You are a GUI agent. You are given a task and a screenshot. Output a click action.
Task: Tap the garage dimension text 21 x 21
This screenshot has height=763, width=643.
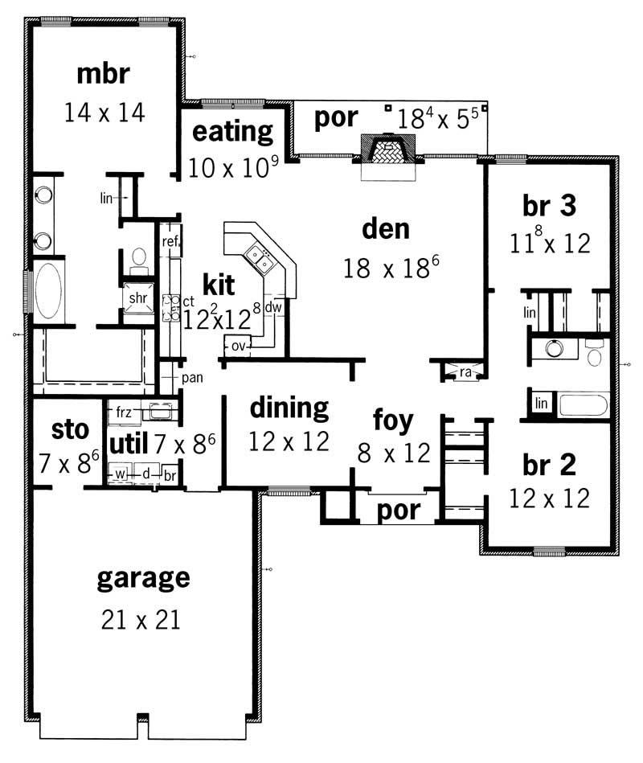140,619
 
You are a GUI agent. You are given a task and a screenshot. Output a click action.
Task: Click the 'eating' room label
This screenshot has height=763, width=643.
233,130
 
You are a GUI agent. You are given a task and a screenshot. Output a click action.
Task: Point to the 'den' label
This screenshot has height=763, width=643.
386,228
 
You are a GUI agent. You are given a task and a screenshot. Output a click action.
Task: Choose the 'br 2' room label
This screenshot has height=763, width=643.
550,465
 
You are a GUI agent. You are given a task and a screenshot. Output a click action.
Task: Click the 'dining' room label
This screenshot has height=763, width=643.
289,408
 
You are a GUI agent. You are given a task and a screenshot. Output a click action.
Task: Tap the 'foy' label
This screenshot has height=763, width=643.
393,419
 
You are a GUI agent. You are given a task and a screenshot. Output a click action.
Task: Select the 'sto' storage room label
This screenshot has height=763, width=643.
69,429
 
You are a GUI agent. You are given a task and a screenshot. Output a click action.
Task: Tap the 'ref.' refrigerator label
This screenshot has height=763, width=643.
170,241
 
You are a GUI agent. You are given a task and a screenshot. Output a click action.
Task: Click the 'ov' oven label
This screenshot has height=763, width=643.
237,346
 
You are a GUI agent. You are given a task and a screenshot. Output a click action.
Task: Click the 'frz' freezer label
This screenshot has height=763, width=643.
123,412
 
